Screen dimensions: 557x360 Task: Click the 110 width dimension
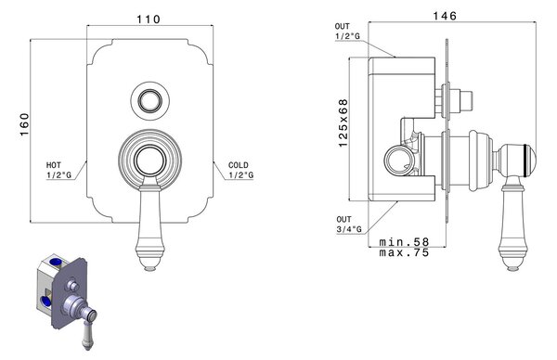click(149, 19)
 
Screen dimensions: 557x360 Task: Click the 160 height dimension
click(24, 124)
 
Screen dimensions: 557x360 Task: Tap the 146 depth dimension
click(445, 16)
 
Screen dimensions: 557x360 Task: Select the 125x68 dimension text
click(343, 122)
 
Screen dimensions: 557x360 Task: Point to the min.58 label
click(404, 242)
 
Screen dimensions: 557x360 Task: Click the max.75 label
click(404, 252)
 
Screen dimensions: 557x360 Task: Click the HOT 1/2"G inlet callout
click(58, 170)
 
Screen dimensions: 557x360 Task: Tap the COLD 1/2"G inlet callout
click(240, 170)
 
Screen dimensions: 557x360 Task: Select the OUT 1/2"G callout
click(347, 32)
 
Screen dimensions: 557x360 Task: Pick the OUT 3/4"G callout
click(349, 225)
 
